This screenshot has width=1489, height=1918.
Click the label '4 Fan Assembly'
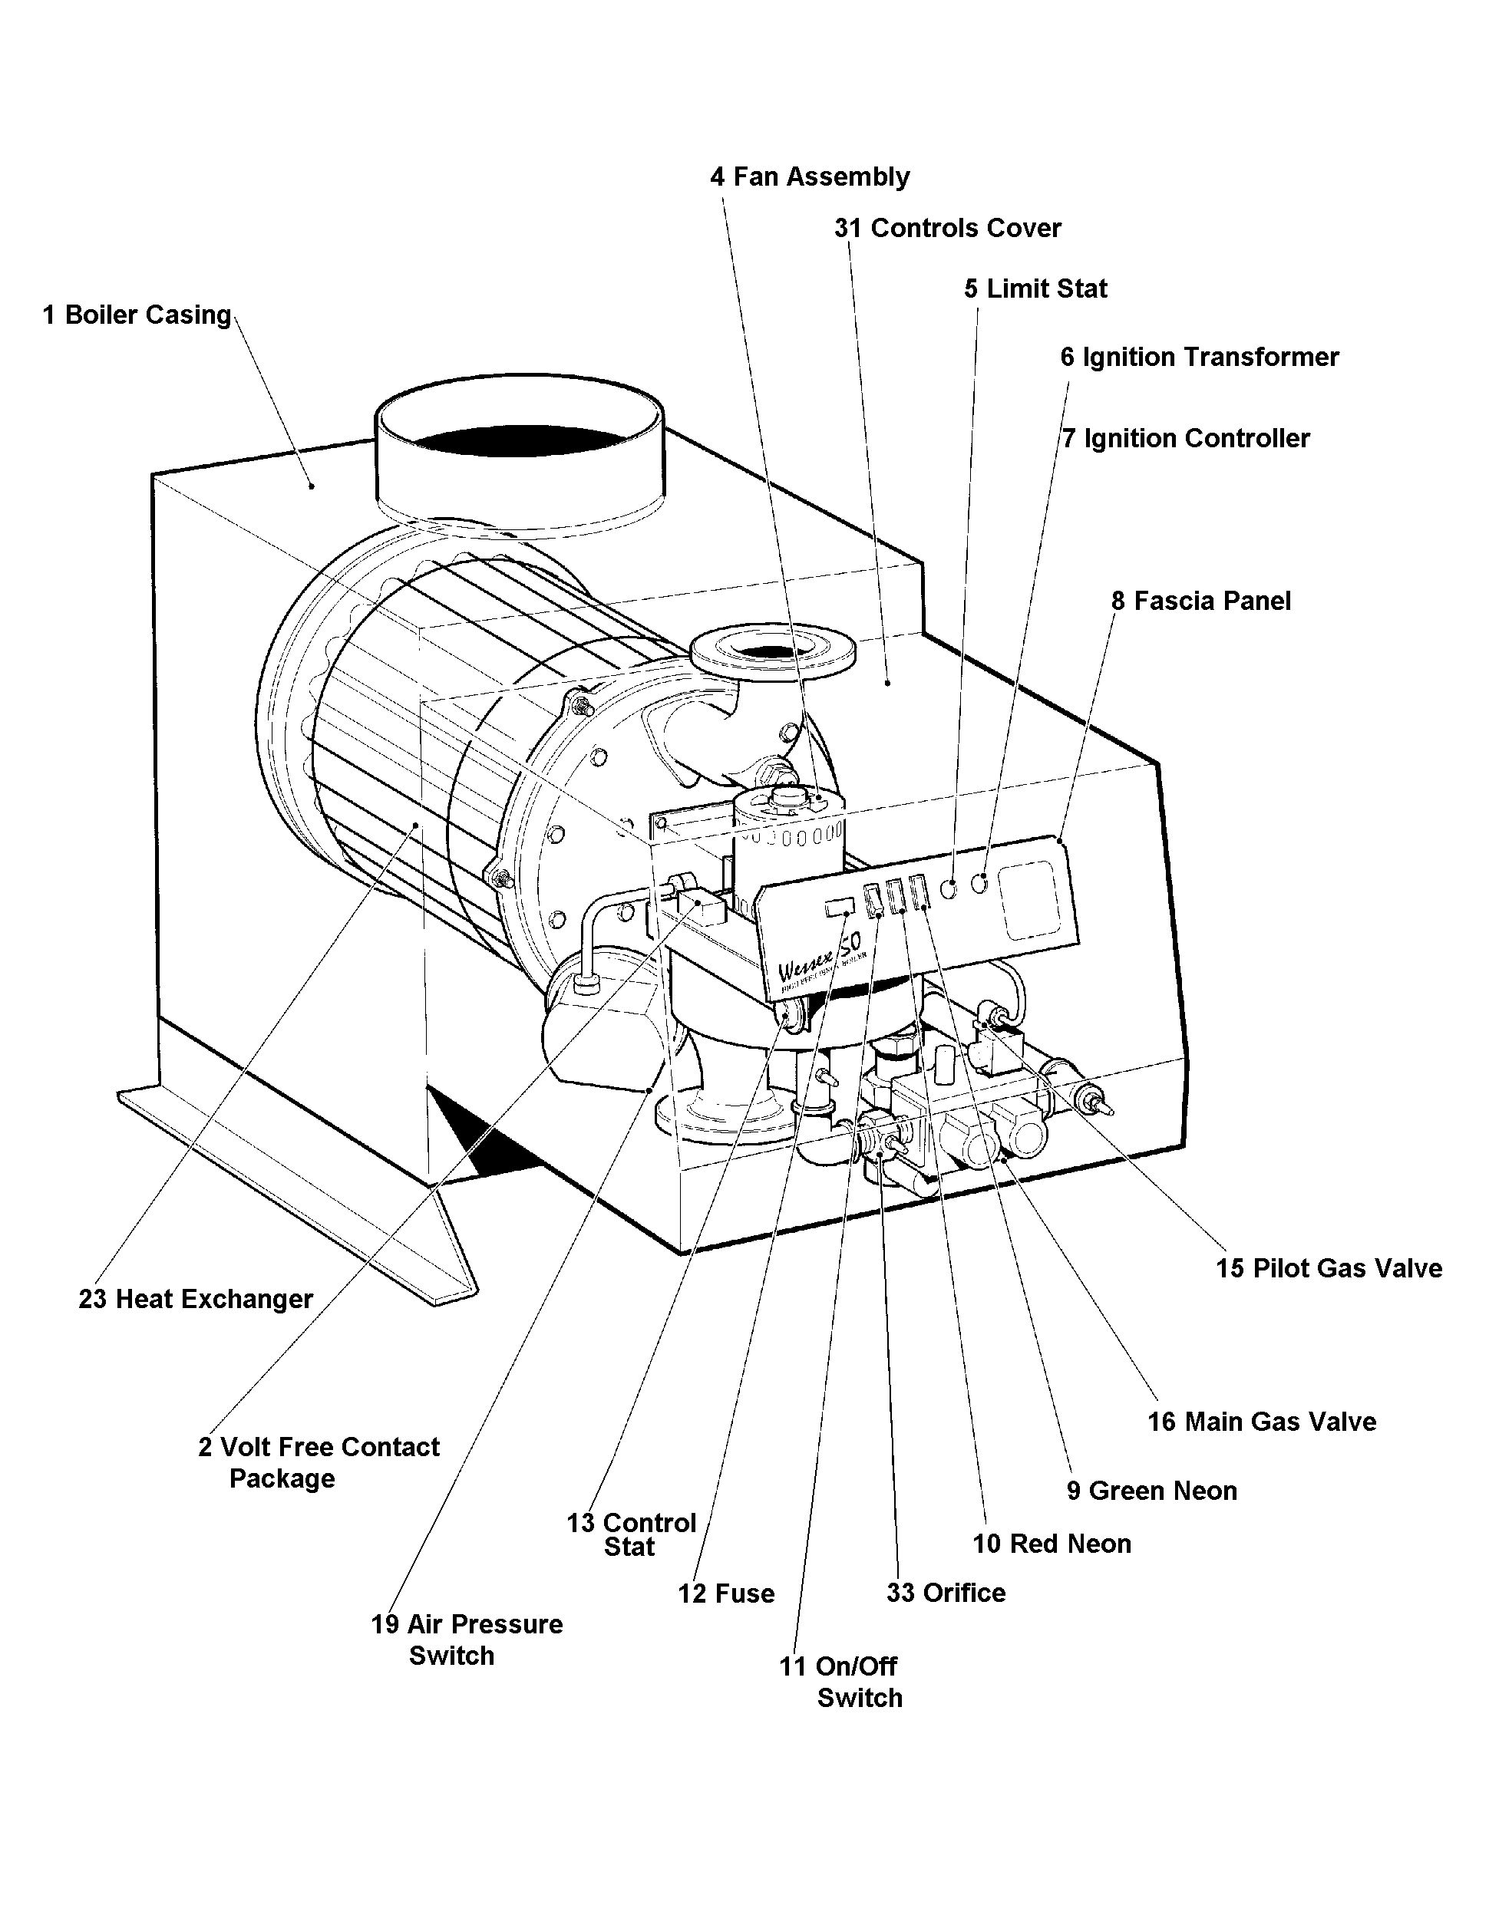pyautogui.click(x=809, y=176)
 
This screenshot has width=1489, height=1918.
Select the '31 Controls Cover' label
pyautogui.click(x=947, y=229)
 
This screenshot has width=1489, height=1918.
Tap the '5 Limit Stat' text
pyautogui.click(x=1035, y=289)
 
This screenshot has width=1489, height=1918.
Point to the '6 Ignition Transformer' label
pyautogui.click(x=1198, y=358)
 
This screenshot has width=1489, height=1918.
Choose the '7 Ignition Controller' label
pyautogui.click(x=1185, y=438)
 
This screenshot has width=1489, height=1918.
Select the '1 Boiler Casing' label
pyautogui.click(x=137, y=315)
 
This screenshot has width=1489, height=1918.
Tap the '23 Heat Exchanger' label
pyautogui.click(x=195, y=1299)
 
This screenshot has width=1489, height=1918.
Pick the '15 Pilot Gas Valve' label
pyautogui.click(x=1329, y=1268)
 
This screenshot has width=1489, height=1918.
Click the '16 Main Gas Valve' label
pyautogui.click(x=1262, y=1422)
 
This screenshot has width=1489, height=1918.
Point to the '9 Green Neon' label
pyautogui.click(x=1151, y=1491)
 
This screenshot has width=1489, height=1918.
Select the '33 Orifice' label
pyautogui.click(x=946, y=1592)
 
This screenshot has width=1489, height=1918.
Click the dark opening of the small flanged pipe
pyautogui.click(x=773, y=651)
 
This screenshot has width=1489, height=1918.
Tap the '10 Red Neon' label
pyautogui.click(x=1051, y=1543)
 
